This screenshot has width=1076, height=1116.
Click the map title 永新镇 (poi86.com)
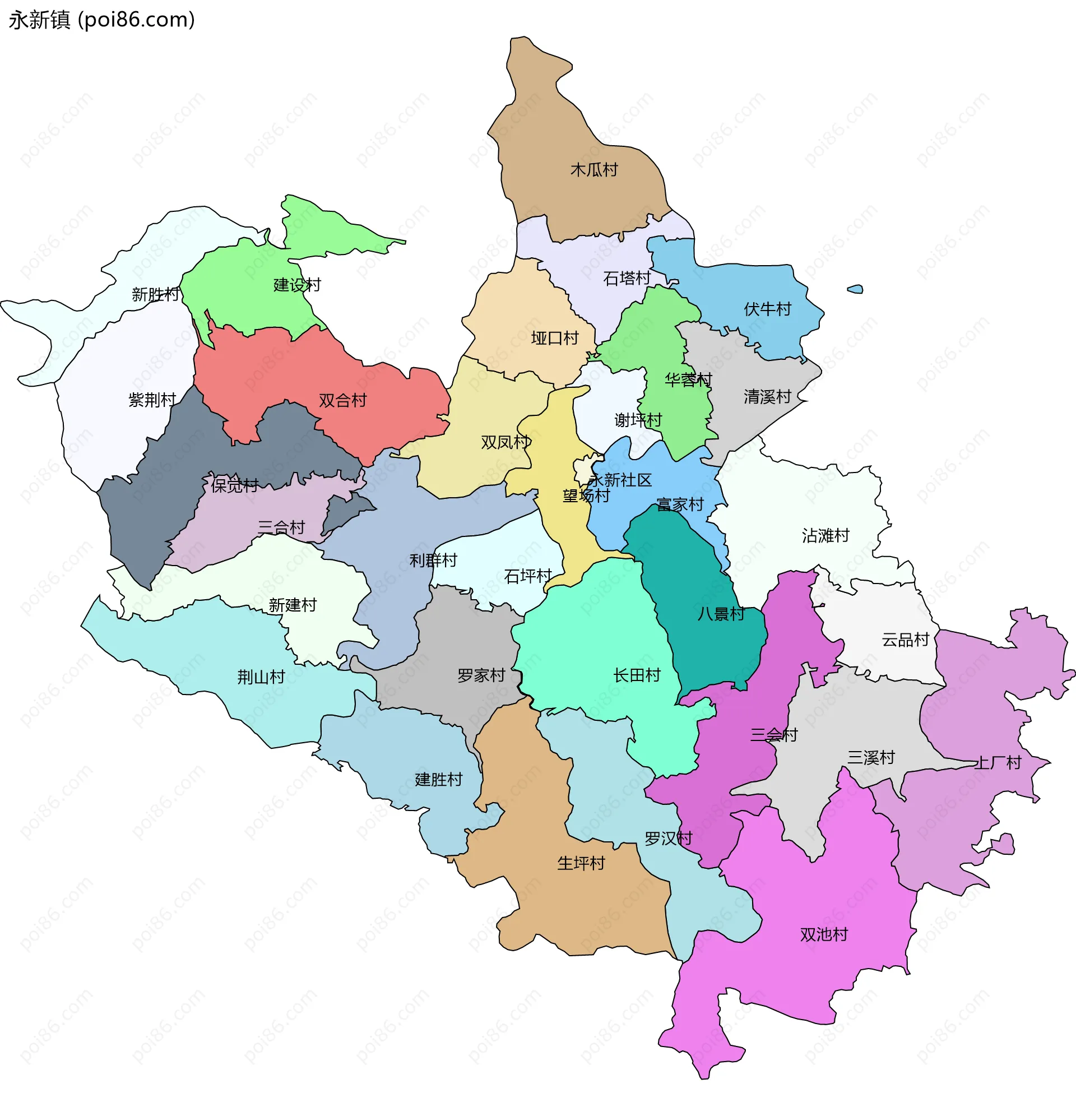[x=101, y=20]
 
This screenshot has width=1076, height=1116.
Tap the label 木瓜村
[x=594, y=170]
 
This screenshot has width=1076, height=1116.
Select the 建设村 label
[x=297, y=285]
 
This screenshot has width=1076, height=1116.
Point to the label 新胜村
[x=155, y=294]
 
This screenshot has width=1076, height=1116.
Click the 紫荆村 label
[x=152, y=400]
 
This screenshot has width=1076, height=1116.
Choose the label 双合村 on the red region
[x=342, y=400]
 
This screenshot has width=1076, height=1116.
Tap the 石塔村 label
[x=626, y=279]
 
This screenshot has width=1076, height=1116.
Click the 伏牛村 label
[x=767, y=309]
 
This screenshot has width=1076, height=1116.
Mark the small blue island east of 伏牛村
[x=855, y=289]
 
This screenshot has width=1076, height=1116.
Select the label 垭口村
[x=554, y=338]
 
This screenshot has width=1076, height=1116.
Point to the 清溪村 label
[x=767, y=397]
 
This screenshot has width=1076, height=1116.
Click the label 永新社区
[x=620, y=480]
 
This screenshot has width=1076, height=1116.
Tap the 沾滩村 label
[x=825, y=536]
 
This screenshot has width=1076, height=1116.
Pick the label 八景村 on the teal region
[x=721, y=614]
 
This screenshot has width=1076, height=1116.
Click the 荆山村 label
[x=261, y=677]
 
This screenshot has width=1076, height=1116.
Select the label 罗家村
[x=481, y=675]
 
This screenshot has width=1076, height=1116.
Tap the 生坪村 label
[x=581, y=863]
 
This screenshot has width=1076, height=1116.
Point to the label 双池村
[x=824, y=935]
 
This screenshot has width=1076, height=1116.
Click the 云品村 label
[x=905, y=640]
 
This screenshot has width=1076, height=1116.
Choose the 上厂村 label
[x=998, y=763]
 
